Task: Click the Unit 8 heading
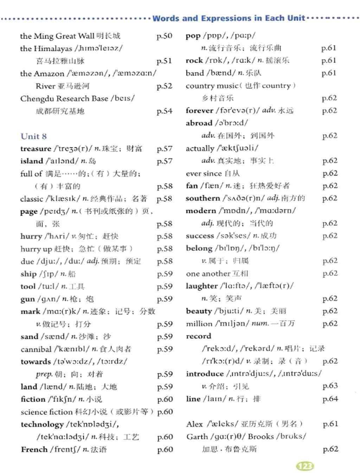pos(34,136)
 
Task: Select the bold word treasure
pos(36,148)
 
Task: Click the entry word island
pos(32,161)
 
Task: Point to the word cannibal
pos(36,349)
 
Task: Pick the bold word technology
pos(42,424)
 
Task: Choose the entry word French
pos(34,449)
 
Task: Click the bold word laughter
pos(201,286)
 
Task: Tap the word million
pos(199,324)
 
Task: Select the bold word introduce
pos(205,374)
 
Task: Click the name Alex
pos(194,424)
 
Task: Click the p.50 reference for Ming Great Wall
pos(164,36)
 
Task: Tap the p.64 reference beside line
pos(330,399)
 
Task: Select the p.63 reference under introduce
pos(330,386)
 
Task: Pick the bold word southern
pos(202,198)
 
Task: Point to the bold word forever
pos(199,110)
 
